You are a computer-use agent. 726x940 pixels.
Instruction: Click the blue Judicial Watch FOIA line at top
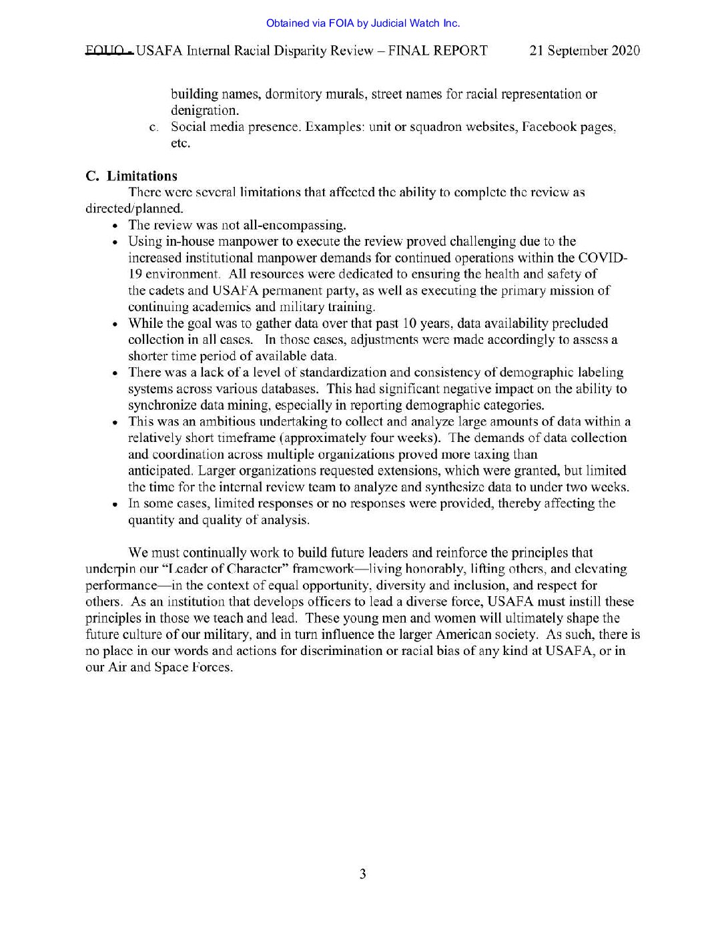tap(362, 23)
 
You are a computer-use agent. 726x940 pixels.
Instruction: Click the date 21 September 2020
tap(585, 51)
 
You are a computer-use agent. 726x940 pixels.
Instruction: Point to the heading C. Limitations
tap(131, 176)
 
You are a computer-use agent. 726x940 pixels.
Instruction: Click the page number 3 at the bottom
tap(362, 874)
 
